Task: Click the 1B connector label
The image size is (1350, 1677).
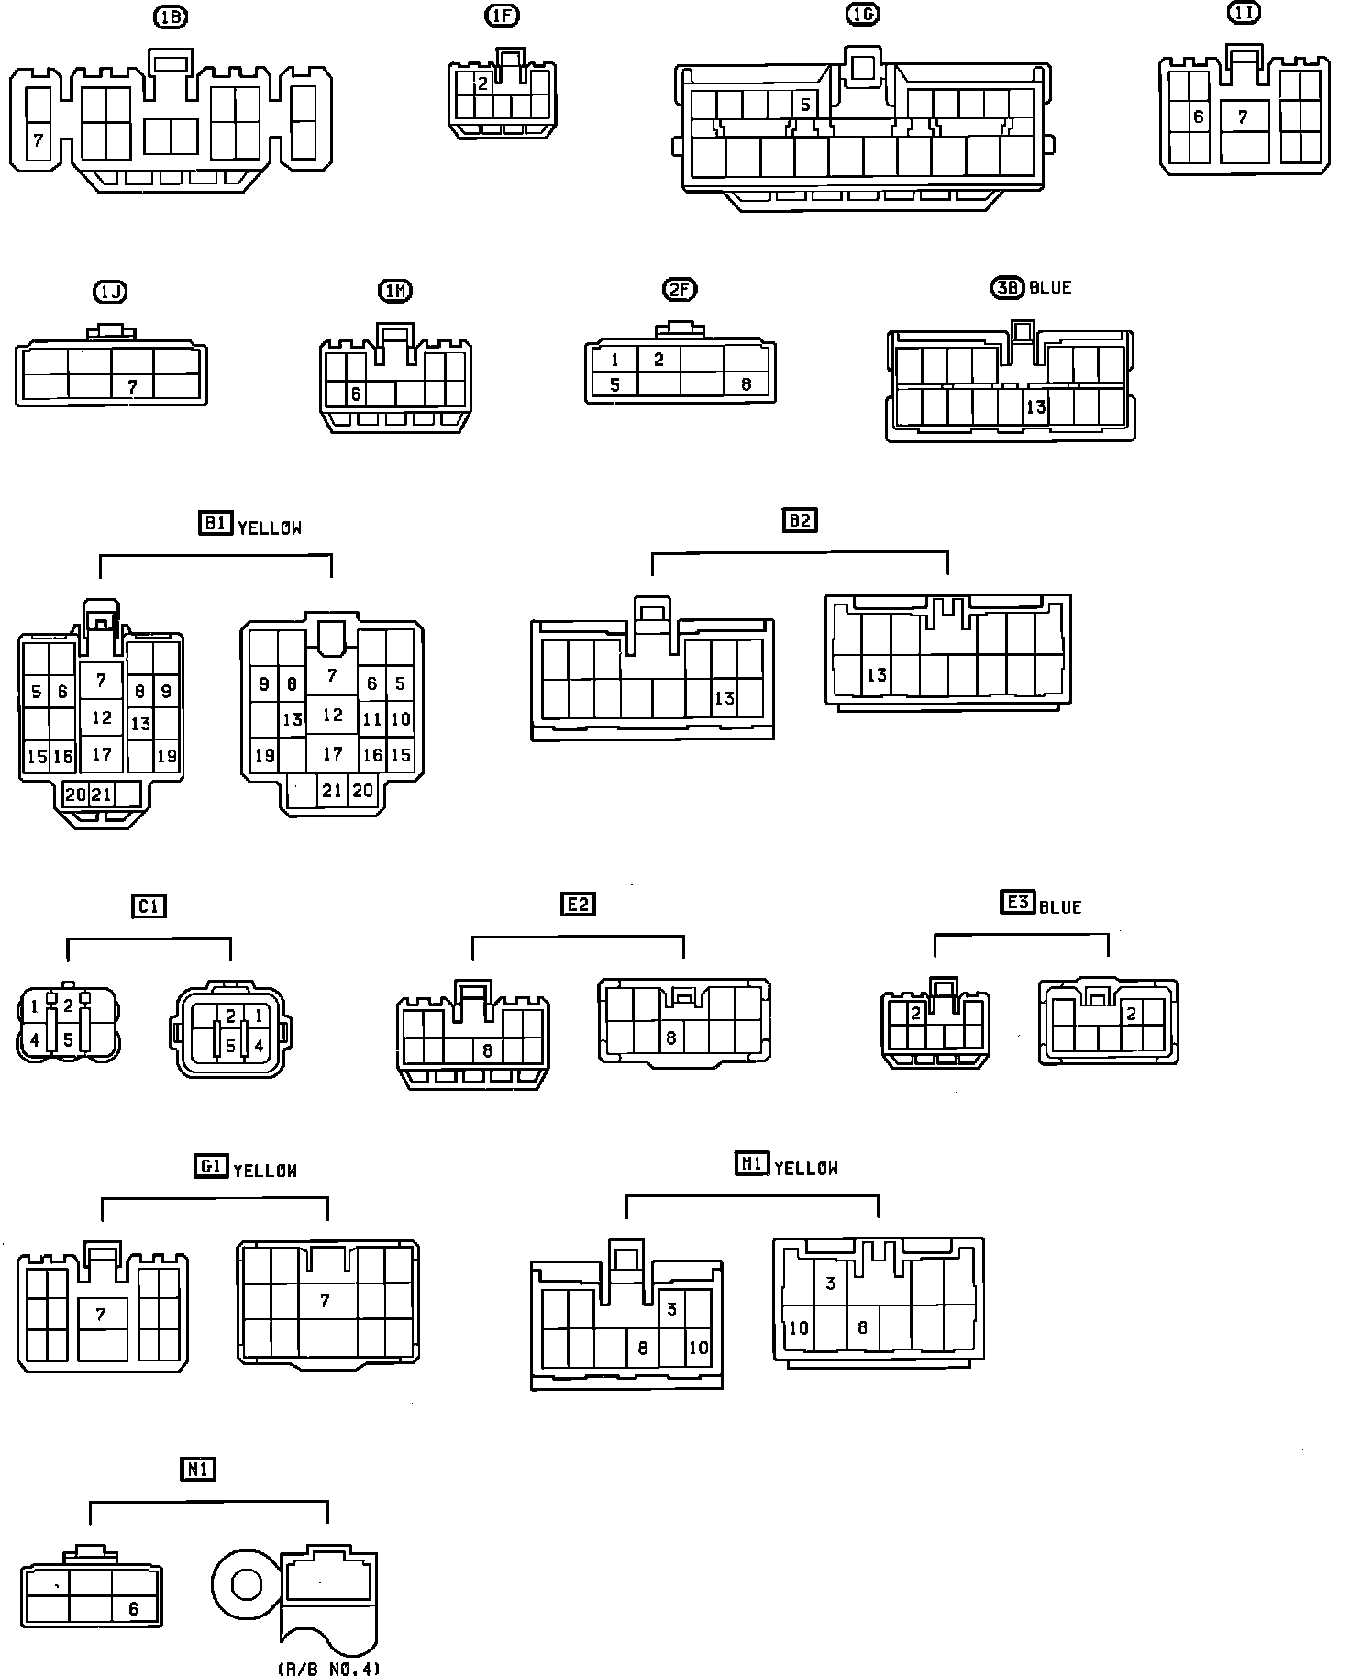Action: (171, 17)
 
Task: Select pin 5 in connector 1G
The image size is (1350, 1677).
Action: (804, 105)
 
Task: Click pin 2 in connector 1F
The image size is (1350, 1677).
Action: (483, 83)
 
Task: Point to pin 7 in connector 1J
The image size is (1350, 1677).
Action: (132, 386)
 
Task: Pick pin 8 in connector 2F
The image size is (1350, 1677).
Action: (746, 384)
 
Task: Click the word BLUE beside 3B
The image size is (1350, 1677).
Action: (1050, 288)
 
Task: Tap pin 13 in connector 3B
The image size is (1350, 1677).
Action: (1035, 406)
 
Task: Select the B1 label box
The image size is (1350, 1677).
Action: (215, 523)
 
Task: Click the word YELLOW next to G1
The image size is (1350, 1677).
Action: (265, 1171)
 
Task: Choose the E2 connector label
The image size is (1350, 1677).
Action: (578, 904)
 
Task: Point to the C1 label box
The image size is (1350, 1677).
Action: (148, 905)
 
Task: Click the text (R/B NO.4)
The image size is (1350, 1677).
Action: (328, 1668)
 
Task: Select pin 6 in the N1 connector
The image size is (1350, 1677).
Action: (134, 1608)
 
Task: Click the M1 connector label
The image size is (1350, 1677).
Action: (751, 1164)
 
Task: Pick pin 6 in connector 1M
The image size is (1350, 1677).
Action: (356, 394)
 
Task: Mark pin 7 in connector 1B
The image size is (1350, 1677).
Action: (39, 140)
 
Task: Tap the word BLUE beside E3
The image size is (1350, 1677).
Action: (1061, 906)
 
